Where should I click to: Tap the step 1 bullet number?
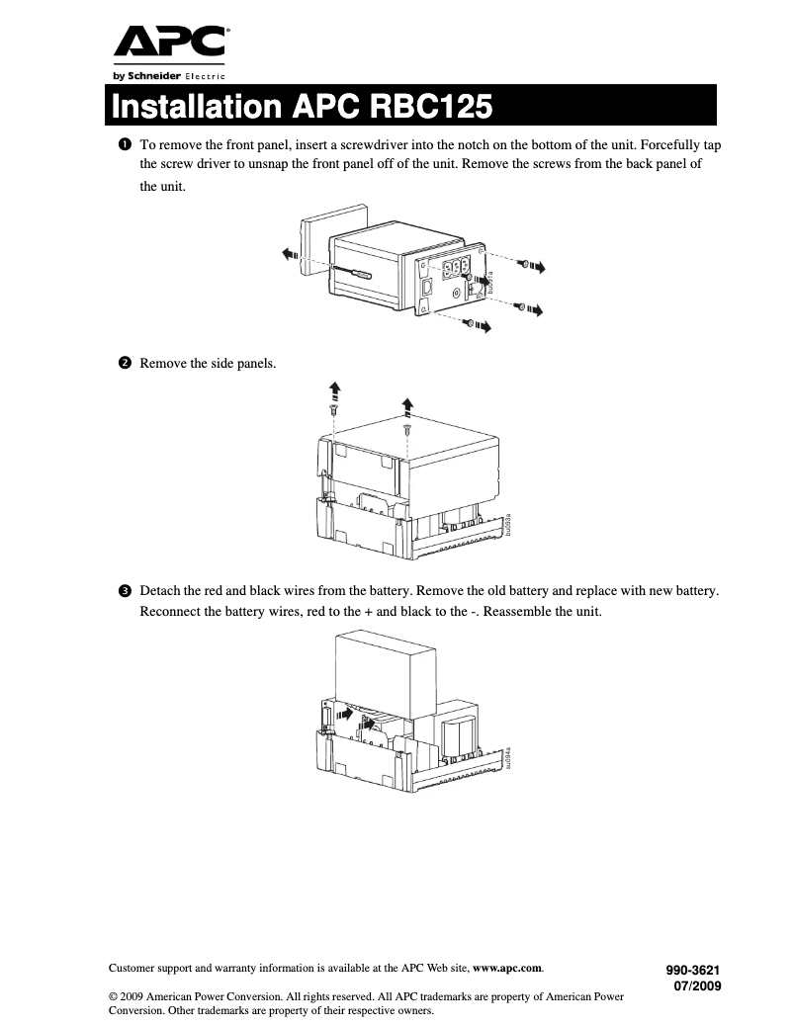point(125,144)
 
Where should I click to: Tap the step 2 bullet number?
point(125,364)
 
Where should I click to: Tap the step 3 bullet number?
point(125,591)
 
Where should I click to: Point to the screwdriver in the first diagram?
point(351,272)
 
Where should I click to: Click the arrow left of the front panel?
point(289,254)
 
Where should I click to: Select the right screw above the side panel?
point(406,429)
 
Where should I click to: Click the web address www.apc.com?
point(508,968)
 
